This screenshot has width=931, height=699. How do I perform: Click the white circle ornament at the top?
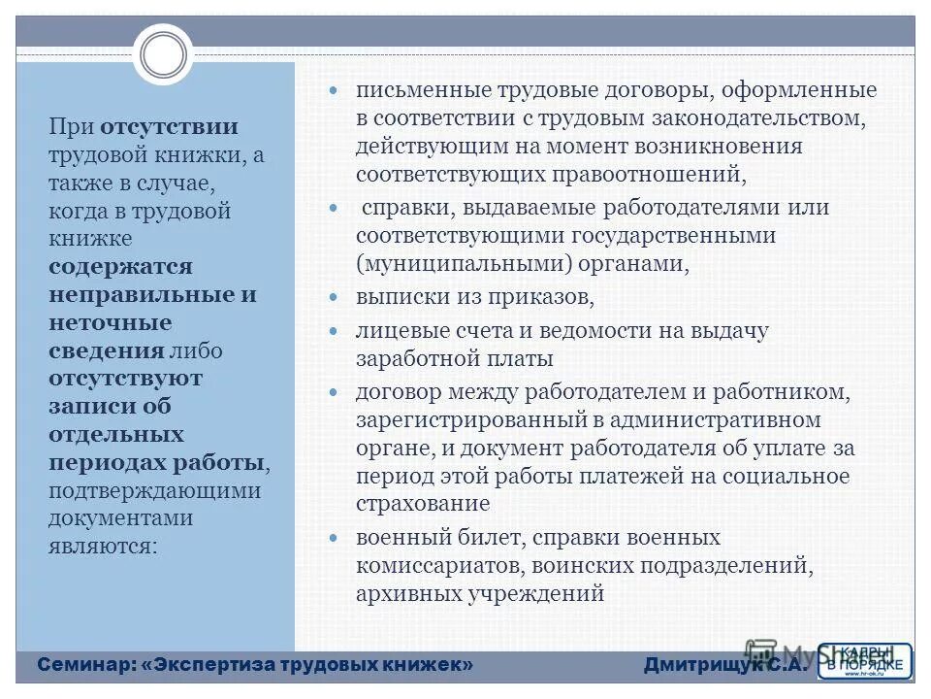pos(163,54)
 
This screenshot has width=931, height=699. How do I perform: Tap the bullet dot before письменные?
pos(334,91)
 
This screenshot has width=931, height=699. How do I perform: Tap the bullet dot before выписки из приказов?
pos(334,296)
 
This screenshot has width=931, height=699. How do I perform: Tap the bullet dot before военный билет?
pos(334,538)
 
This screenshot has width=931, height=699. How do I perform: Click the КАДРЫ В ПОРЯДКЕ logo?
pos(864,660)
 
